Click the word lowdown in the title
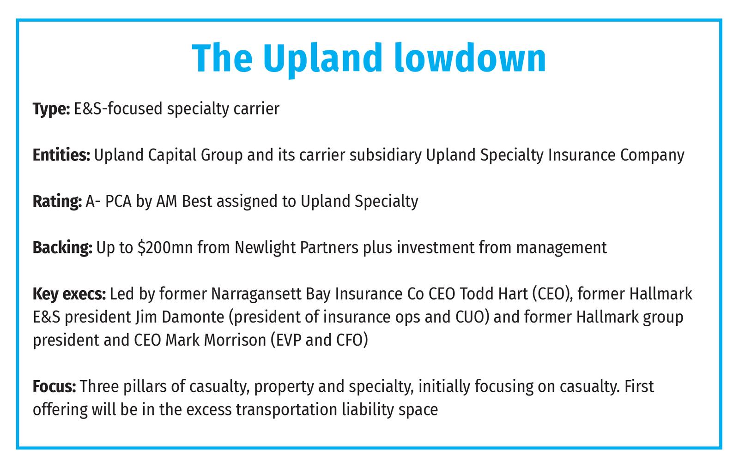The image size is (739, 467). pos(470,58)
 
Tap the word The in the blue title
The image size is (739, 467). pos(222,58)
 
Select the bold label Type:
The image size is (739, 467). pos(51,109)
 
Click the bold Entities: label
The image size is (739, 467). pos(61,155)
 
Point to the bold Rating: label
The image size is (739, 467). pos(57,201)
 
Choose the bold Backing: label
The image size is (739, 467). pos(62,248)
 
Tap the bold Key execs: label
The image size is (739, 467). pos(69,294)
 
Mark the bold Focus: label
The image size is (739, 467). pos(55,386)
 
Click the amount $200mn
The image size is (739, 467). pos(165,247)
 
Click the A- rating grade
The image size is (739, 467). pos(93,201)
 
